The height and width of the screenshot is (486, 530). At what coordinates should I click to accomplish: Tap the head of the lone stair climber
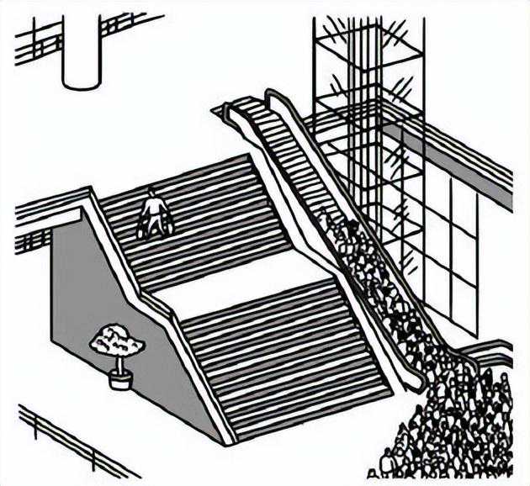(x=151, y=193)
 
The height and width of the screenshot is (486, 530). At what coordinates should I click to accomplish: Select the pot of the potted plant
(x=120, y=379)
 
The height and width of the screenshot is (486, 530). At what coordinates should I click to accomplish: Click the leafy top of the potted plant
(x=118, y=341)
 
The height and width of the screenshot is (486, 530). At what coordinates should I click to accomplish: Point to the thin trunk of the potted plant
(x=119, y=363)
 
